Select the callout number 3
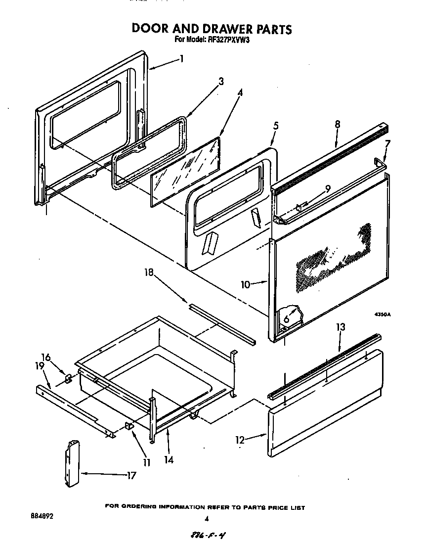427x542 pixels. (x=221, y=82)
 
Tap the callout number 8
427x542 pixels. (x=337, y=125)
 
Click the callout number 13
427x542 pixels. (x=341, y=327)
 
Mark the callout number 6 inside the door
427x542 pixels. (x=286, y=319)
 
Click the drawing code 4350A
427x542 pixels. (x=382, y=314)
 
